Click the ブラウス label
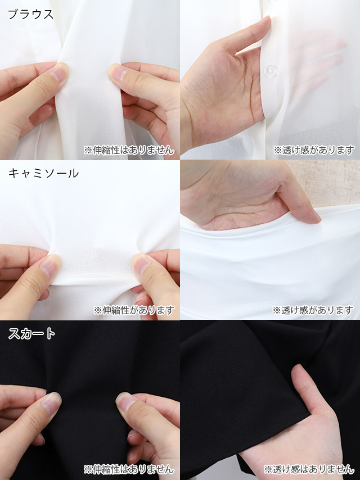point(30,15)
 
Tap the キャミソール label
point(43,174)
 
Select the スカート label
point(31,334)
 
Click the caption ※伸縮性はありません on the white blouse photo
point(129,150)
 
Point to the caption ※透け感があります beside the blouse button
point(313,150)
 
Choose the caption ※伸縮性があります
point(134,310)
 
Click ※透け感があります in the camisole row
point(313,310)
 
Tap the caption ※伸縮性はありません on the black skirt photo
point(129,469)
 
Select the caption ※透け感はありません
point(309,469)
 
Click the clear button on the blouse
point(270,71)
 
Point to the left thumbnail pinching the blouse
point(58,74)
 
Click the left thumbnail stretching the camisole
point(50,266)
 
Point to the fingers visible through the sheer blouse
point(316,58)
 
